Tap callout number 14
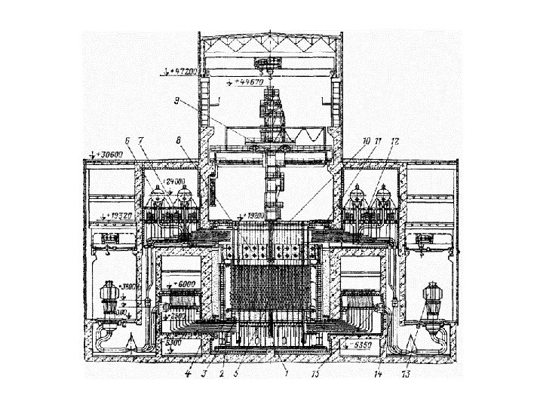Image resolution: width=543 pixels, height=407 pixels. click(377, 372)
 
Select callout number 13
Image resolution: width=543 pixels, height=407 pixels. click(408, 372)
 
